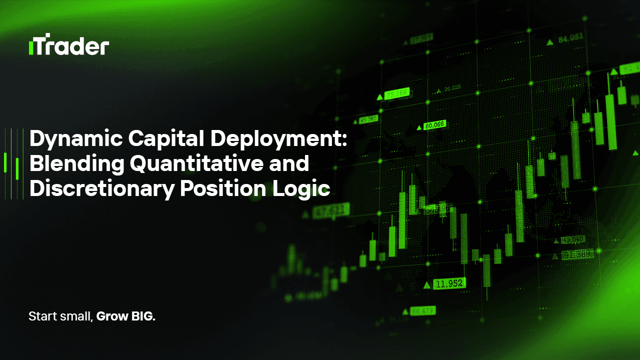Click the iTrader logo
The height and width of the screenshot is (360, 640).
point(69,46)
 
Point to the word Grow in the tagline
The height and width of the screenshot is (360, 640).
point(110,316)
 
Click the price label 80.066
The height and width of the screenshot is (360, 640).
point(434,125)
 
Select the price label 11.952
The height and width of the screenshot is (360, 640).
point(449,284)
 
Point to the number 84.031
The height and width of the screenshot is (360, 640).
point(570,38)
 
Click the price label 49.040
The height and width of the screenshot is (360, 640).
point(573,239)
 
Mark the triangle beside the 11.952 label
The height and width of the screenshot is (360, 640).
point(426,285)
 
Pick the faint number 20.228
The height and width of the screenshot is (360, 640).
point(452,89)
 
